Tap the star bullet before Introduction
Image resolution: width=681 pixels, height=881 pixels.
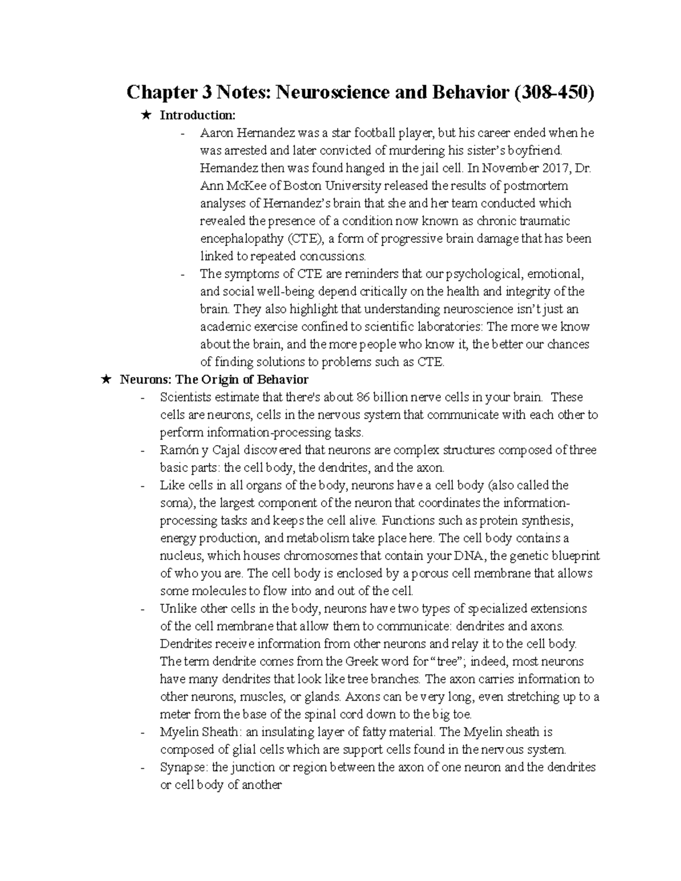point(147,116)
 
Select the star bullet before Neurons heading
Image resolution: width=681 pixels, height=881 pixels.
point(107,380)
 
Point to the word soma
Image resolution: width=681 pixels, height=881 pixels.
point(176,503)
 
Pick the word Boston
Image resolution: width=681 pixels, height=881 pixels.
point(303,186)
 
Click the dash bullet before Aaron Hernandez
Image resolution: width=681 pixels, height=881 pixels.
point(182,134)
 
